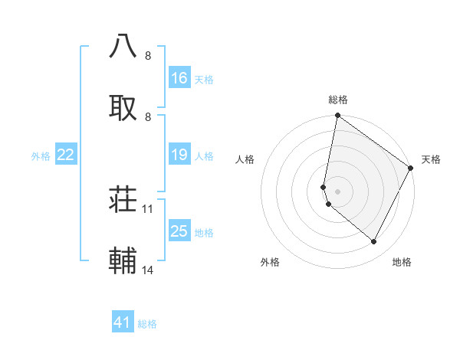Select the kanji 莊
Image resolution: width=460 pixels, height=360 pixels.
pos(123,200)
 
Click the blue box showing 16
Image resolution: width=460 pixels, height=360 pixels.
pos(179,77)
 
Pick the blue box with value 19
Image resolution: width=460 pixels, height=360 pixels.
pos(179,155)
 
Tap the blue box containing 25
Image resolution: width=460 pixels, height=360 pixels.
pos(179,231)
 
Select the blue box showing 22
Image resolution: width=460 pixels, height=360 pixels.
pos(66,155)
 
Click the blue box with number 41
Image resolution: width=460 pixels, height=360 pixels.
pos(123,322)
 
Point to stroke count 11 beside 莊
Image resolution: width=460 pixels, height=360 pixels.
pos(148,208)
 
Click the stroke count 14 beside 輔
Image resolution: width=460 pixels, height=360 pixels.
pos(148,270)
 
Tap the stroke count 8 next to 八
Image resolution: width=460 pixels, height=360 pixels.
pos(148,55)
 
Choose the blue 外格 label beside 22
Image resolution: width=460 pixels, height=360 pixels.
pos(41,156)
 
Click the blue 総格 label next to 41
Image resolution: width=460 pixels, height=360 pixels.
pos(147,324)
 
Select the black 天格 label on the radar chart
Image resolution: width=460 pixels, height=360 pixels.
pos(431,159)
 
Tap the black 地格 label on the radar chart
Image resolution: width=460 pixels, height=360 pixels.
pos(402,262)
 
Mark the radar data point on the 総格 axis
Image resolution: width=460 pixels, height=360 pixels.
pos(337,116)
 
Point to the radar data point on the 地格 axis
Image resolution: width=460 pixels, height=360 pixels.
pos(373,242)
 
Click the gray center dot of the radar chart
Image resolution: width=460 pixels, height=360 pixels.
pos(337,191)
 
